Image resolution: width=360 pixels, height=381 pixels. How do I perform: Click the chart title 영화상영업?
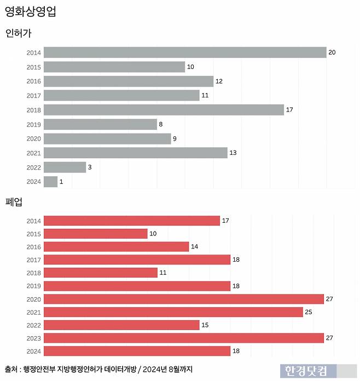[30, 11]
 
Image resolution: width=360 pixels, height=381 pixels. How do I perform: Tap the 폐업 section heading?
[14, 202]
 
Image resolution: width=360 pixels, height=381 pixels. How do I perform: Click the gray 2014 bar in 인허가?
[185, 53]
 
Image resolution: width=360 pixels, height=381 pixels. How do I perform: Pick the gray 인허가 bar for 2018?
[164, 110]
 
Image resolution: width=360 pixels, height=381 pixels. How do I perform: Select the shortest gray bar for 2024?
[50, 182]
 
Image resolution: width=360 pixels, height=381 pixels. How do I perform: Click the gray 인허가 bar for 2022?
[65, 168]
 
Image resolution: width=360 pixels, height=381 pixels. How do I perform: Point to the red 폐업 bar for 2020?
[183, 299]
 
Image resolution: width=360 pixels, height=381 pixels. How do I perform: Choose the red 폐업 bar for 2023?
[183, 338]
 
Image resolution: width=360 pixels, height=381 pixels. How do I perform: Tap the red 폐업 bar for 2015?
[95, 234]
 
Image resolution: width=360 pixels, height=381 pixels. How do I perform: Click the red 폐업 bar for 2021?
[173, 312]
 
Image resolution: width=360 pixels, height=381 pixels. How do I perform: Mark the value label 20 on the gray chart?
[332, 53]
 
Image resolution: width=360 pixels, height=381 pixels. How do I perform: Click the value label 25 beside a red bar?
[309, 312]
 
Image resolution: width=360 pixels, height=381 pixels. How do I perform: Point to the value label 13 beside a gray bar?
[233, 153]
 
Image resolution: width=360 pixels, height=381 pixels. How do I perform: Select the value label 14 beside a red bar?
[194, 247]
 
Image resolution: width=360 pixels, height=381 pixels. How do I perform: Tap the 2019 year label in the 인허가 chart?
[33, 124]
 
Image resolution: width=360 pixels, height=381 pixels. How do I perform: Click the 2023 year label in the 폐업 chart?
[33, 338]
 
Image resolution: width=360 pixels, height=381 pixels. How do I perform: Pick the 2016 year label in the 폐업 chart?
[33, 247]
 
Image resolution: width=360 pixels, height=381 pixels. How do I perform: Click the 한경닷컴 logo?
[305, 371]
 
